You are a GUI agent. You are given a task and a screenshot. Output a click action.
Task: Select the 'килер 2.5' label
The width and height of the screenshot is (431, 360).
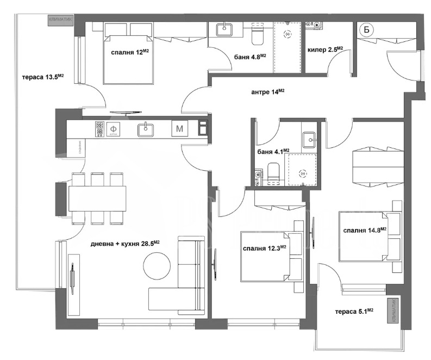pos(325,50)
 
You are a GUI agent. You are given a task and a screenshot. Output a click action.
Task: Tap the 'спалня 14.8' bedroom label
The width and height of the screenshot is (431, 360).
pos(365,230)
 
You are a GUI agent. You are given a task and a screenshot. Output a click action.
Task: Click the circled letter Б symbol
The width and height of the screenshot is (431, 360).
pos(366,30)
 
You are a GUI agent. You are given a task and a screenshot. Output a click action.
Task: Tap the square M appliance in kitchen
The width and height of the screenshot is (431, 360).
pos(179,129)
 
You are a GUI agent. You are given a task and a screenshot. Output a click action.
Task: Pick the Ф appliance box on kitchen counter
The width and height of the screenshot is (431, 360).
pos(114,129)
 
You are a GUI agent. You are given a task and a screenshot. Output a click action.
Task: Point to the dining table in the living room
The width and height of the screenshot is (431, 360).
pos(98,198)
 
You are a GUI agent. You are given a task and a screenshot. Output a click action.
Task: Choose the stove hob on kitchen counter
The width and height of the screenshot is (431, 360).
pos(99,129)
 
